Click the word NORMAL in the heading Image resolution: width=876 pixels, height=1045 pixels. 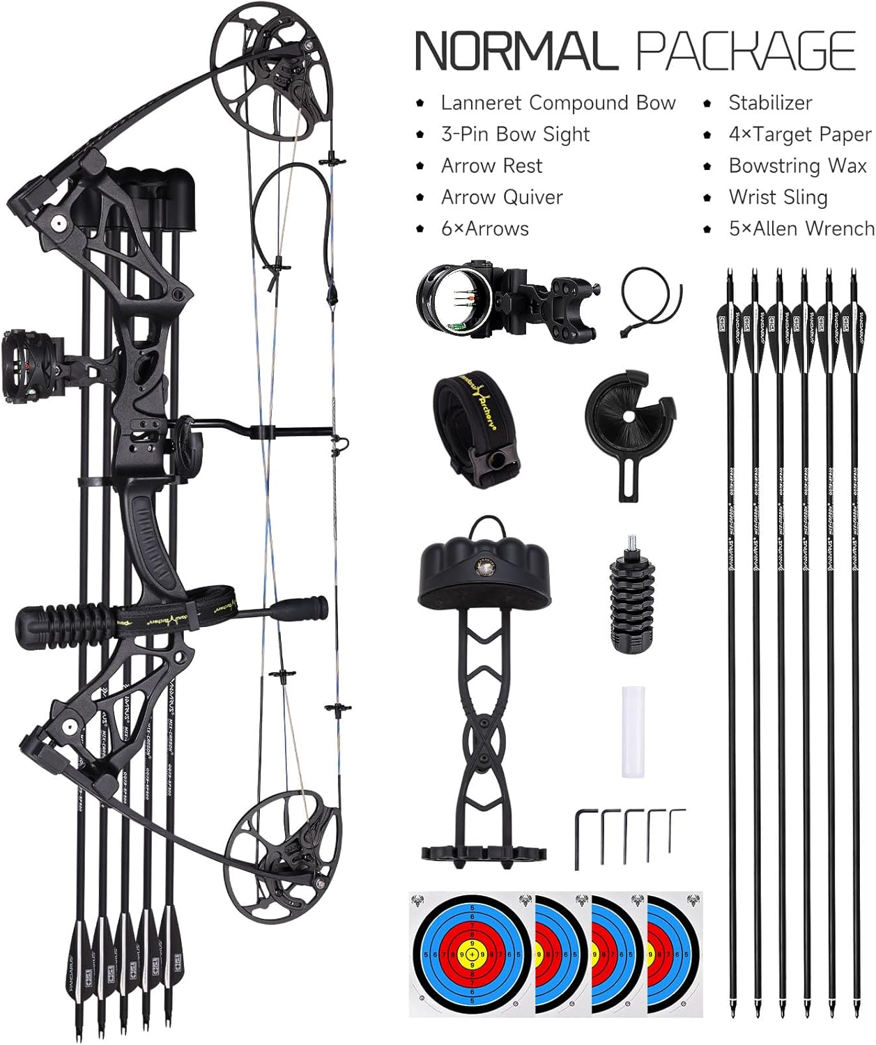click(x=516, y=50)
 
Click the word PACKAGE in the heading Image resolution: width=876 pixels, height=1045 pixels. click(x=746, y=50)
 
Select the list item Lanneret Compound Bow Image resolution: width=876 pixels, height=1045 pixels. click(x=558, y=103)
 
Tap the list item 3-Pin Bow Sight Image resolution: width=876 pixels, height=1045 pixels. click(x=515, y=134)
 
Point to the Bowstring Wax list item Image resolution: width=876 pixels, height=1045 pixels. click(x=797, y=166)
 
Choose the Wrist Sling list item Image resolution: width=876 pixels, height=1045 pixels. click(x=778, y=197)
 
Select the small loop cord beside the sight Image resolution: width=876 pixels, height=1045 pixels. click(x=651, y=301)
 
